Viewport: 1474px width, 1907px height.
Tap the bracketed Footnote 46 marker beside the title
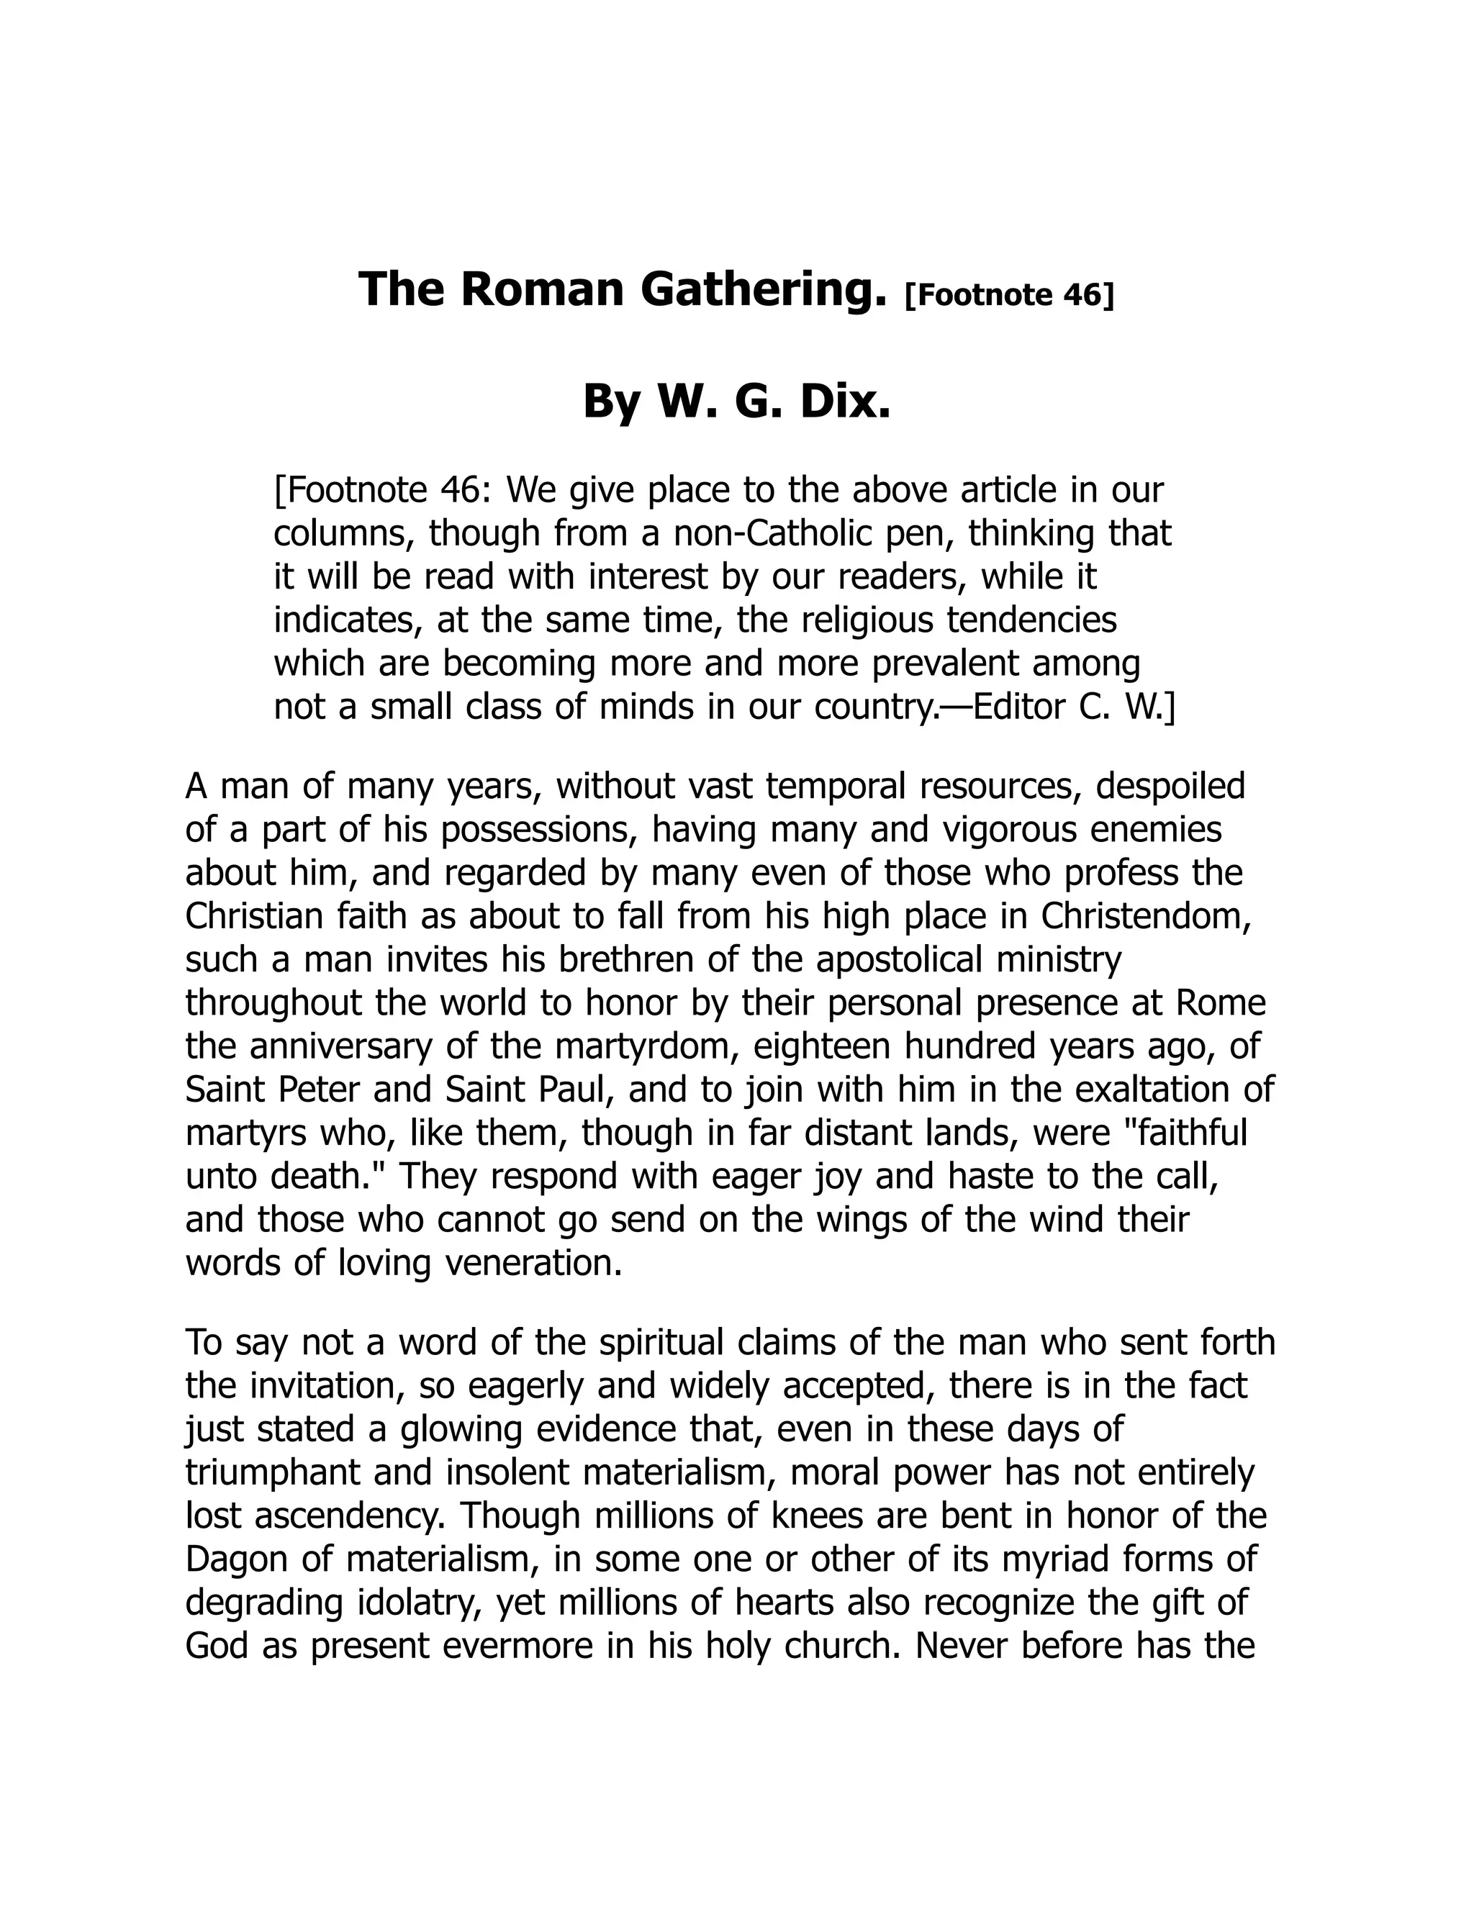coord(1010,296)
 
